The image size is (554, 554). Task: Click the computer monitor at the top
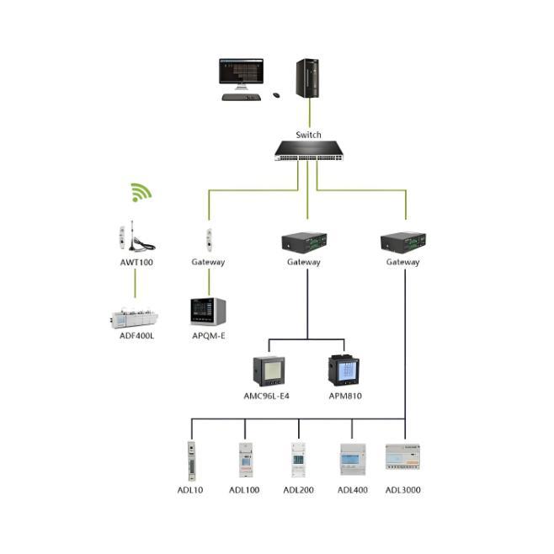(241, 73)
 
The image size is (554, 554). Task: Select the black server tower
(307, 78)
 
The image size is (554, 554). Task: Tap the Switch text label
(308, 135)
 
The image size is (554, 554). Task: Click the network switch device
(308, 152)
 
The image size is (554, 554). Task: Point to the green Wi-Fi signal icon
(141, 192)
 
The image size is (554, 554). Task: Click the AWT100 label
(136, 262)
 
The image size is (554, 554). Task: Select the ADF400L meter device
(135, 317)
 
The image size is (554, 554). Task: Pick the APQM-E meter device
(209, 312)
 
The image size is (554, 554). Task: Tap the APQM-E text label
(209, 336)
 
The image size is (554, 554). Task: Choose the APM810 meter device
(343, 370)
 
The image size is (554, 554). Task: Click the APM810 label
(344, 396)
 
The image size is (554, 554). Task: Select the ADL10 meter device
(191, 461)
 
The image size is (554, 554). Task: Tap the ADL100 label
(244, 490)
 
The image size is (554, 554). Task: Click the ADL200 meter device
(298, 461)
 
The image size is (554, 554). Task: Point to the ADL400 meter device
(352, 460)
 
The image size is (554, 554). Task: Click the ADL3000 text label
(403, 490)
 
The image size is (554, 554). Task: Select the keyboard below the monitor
(240, 97)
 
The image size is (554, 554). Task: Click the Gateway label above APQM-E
(208, 262)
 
